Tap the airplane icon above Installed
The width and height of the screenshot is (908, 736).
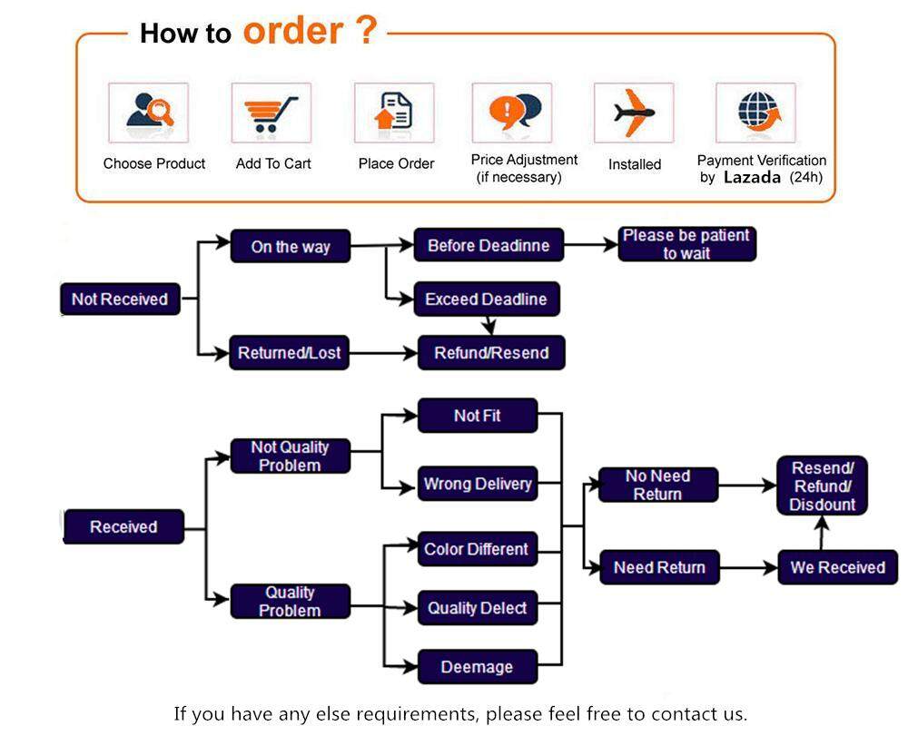[634, 113]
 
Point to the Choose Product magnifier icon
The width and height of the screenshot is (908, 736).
[150, 110]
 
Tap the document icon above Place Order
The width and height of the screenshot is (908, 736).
[394, 111]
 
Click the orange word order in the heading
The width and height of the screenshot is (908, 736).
[293, 31]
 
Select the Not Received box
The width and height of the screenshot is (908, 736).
[120, 299]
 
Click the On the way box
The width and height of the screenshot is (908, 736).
[291, 247]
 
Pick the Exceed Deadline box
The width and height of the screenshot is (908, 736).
[487, 299]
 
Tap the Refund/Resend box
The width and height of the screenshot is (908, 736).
[491, 353]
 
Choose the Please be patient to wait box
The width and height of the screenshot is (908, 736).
[686, 244]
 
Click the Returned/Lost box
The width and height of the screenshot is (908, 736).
[290, 353]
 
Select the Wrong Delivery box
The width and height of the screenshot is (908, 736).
[478, 484]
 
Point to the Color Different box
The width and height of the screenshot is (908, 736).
[478, 549]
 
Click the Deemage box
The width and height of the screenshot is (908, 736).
[478, 667]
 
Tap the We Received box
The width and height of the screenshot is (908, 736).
[837, 567]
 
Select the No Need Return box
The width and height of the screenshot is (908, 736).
[657, 485]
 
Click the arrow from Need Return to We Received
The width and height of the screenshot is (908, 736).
[748, 567]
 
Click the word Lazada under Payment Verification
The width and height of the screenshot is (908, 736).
[752, 177]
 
